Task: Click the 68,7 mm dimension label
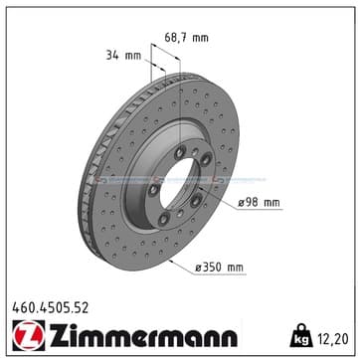187,38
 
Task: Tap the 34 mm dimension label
123,56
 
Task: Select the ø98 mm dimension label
259,202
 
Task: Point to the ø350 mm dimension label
219,268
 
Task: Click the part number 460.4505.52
51,308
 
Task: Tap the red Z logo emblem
29,335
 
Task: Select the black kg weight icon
301,335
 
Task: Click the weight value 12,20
333,339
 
